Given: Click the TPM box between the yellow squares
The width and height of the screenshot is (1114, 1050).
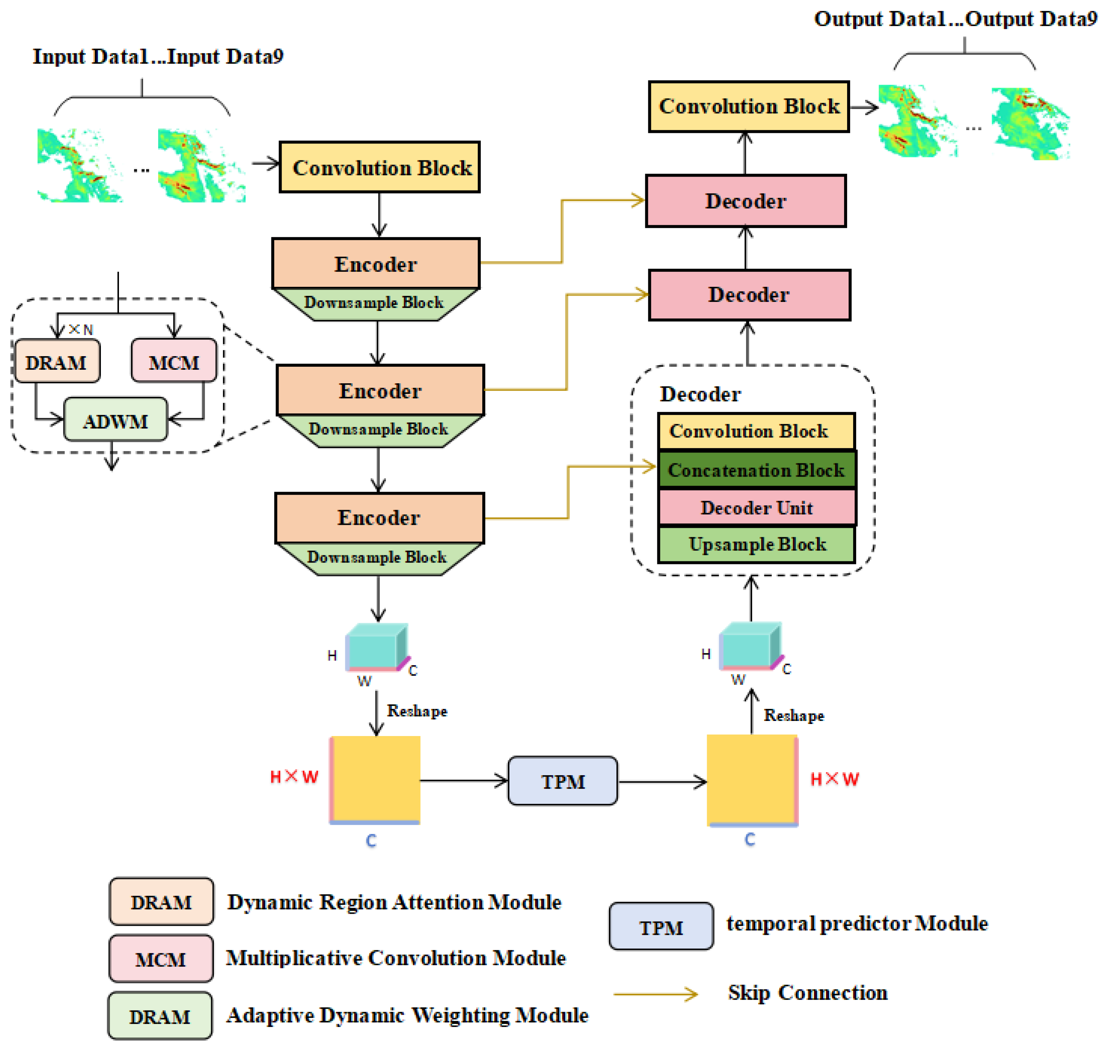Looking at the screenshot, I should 562,781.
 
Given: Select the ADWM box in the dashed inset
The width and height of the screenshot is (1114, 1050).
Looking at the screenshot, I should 116,420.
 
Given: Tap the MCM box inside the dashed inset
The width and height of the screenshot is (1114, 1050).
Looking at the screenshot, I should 174,361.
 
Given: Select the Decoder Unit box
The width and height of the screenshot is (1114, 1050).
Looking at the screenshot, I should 756,507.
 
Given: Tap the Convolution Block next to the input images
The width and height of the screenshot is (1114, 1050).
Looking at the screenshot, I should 380,168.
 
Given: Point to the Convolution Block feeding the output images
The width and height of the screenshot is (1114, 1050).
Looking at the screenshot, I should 749,107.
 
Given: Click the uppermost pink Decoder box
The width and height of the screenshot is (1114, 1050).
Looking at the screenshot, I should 745,201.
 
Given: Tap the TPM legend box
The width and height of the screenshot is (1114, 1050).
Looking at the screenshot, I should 661,927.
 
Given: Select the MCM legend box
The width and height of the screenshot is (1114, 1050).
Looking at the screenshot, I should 161,959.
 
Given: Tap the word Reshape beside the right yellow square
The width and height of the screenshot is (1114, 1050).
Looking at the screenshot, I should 794,716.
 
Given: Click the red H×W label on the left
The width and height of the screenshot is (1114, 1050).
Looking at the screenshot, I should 294,777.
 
